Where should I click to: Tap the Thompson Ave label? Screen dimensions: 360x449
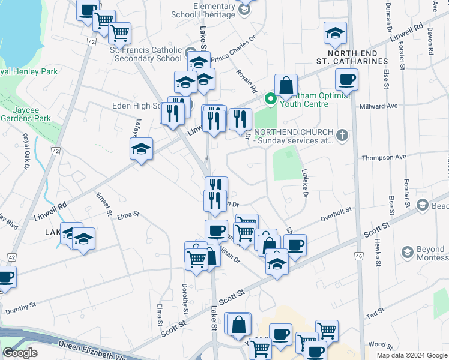pyautogui.click(x=384, y=157)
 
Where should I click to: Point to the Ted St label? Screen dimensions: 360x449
pyautogui.click(x=375, y=314)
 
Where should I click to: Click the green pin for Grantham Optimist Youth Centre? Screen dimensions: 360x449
pyautogui.click(x=271, y=99)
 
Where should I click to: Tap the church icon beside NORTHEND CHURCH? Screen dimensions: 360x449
pyautogui.click(x=342, y=135)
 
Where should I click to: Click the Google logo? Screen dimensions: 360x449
pyautogui.click(x=20, y=353)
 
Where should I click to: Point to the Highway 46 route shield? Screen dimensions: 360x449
pyautogui.click(x=359, y=256)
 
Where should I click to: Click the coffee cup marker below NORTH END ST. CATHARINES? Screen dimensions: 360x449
pyautogui.click(x=346, y=80)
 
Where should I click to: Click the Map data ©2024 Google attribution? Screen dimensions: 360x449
pyautogui.click(x=411, y=355)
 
